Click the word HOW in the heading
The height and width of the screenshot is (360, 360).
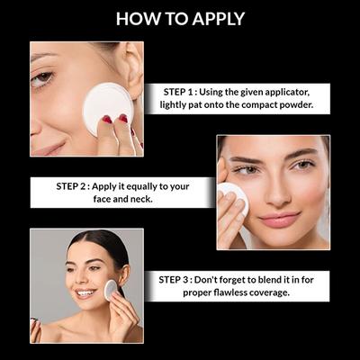(134, 18)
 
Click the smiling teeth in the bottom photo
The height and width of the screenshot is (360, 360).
(85, 292)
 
